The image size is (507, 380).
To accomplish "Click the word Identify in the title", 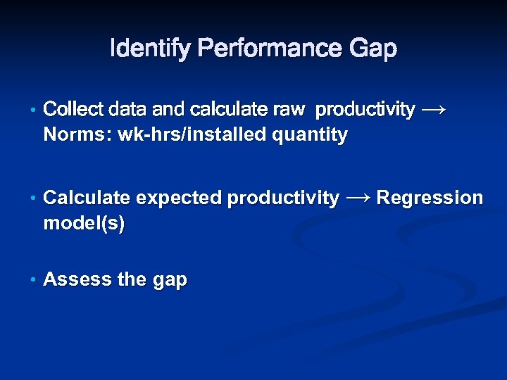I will (151, 49).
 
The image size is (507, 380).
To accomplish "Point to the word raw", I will (291, 110).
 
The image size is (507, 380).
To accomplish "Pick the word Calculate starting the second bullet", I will (87, 198).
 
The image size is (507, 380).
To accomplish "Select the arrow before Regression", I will (358, 198).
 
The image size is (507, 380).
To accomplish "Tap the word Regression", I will (430, 198).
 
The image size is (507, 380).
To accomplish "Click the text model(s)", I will (84, 224).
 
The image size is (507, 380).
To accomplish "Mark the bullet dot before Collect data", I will (33, 110).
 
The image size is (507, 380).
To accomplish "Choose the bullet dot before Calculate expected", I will (33, 199).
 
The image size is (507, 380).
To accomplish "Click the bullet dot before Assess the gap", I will (33, 280).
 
